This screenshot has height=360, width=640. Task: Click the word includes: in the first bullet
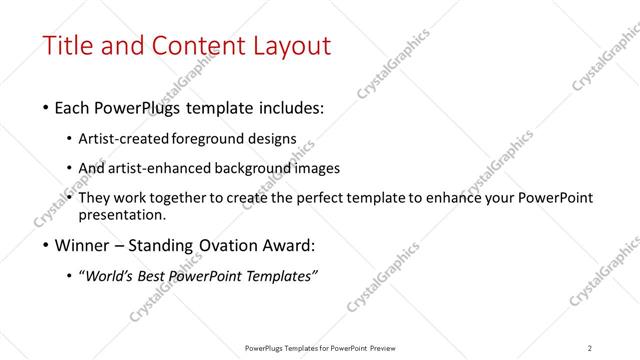pyautogui.click(x=289, y=107)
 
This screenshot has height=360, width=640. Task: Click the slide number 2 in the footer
pyautogui.click(x=590, y=348)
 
